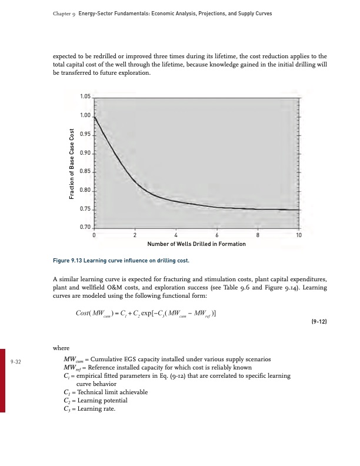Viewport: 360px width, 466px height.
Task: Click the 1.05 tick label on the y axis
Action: click(x=85, y=96)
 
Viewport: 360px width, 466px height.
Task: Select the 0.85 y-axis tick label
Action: click(x=85, y=172)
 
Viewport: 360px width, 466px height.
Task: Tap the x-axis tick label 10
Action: click(x=299, y=235)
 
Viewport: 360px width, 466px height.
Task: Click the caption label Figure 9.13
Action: click(x=70, y=259)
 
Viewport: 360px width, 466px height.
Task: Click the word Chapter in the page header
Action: click(x=53, y=13)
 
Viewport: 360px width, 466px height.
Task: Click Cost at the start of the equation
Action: click(x=86, y=312)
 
